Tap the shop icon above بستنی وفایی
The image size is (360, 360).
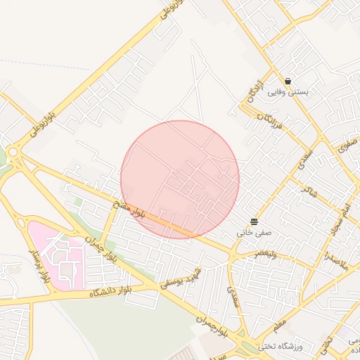click(288, 81)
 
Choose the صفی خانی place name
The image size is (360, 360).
click(253, 231)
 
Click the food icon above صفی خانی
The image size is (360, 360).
click(254, 221)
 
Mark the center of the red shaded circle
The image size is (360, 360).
click(180, 179)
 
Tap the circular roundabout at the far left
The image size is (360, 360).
click(12, 151)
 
